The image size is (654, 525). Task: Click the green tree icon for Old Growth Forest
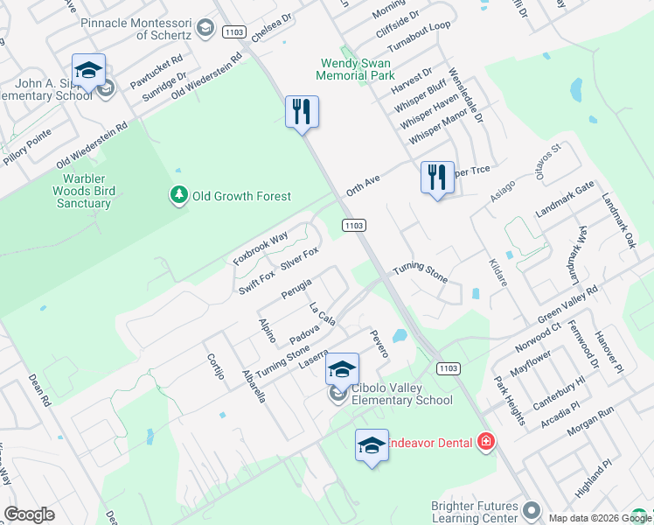[x=179, y=194]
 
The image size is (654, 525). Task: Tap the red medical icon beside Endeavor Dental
[x=486, y=443]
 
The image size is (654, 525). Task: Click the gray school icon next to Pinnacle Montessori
[x=205, y=29]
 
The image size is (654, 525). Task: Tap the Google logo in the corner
[x=29, y=514]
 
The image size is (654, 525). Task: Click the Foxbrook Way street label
[x=261, y=248]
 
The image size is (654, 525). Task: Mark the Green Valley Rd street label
[x=569, y=303]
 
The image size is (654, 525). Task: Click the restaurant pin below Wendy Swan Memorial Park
[x=302, y=111]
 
